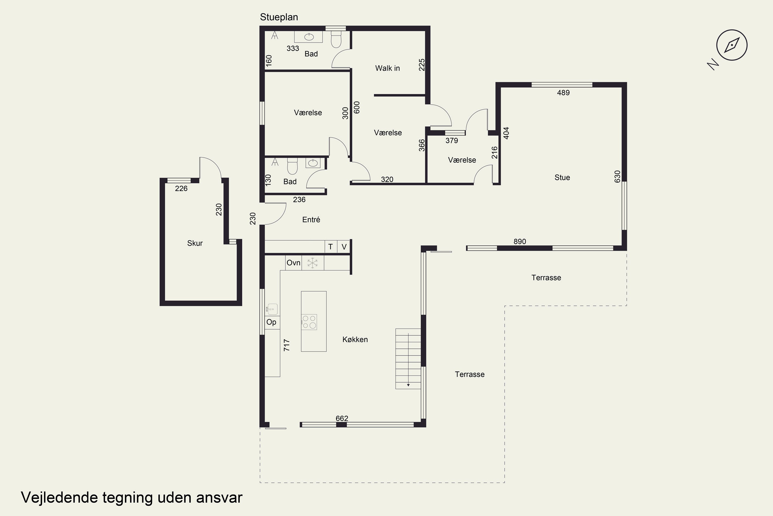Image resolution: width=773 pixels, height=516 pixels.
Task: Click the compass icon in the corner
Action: (732, 45)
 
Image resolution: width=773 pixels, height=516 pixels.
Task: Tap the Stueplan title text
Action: (279, 17)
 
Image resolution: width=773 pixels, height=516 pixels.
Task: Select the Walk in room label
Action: (388, 68)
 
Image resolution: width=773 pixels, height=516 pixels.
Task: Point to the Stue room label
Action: (562, 178)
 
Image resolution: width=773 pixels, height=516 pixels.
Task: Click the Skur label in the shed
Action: (195, 243)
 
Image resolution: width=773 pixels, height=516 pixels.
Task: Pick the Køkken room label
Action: (355, 339)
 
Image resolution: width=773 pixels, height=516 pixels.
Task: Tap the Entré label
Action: (311, 220)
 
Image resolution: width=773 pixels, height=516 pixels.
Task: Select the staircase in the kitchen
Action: (408, 359)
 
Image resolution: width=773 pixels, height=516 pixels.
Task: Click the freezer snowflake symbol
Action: (313, 263)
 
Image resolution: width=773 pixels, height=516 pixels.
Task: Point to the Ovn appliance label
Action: (293, 263)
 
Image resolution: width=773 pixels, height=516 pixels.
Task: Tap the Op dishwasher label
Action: (271, 322)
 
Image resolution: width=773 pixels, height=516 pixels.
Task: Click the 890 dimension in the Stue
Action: (520, 241)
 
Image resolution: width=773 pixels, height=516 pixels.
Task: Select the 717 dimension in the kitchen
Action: (287, 345)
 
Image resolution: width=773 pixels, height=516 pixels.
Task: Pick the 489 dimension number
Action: (563, 93)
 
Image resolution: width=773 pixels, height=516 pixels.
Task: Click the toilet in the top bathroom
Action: (336, 39)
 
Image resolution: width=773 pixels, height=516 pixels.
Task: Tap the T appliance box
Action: (331, 246)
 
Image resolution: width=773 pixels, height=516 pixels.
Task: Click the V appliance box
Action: (344, 246)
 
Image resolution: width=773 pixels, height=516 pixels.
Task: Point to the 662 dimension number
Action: (342, 418)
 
